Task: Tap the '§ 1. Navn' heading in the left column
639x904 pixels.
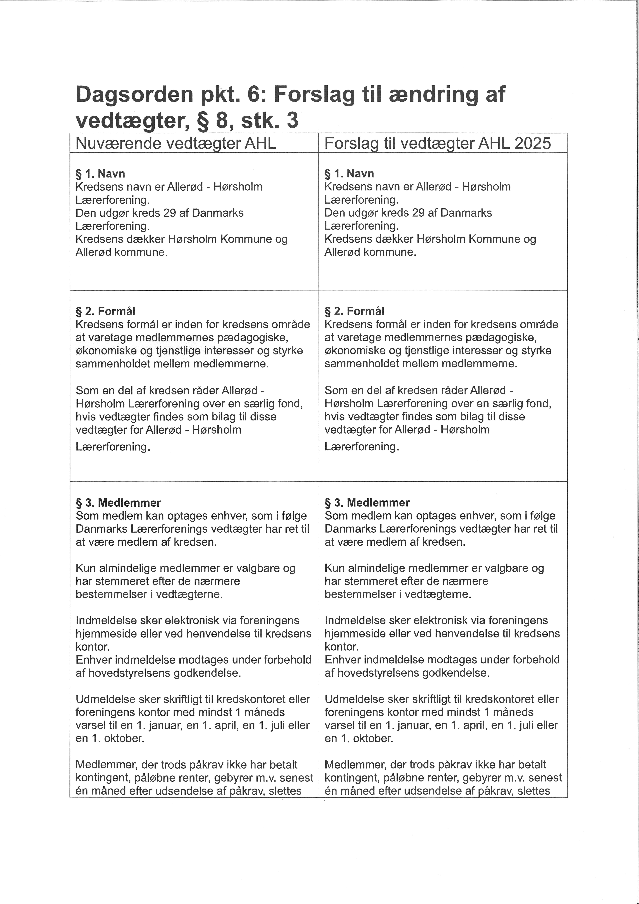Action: [x=100, y=174]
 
